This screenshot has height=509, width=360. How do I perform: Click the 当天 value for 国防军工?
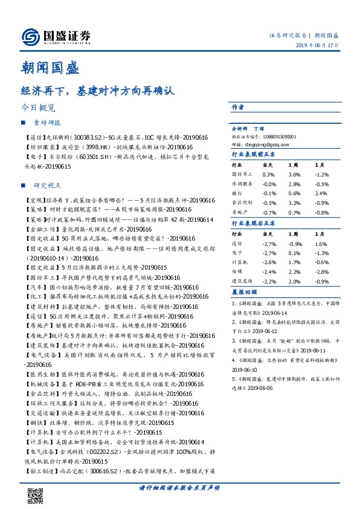[269, 174]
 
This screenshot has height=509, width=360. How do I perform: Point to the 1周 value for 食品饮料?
[295, 203]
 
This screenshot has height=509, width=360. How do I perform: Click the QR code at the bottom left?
[34, 488]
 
